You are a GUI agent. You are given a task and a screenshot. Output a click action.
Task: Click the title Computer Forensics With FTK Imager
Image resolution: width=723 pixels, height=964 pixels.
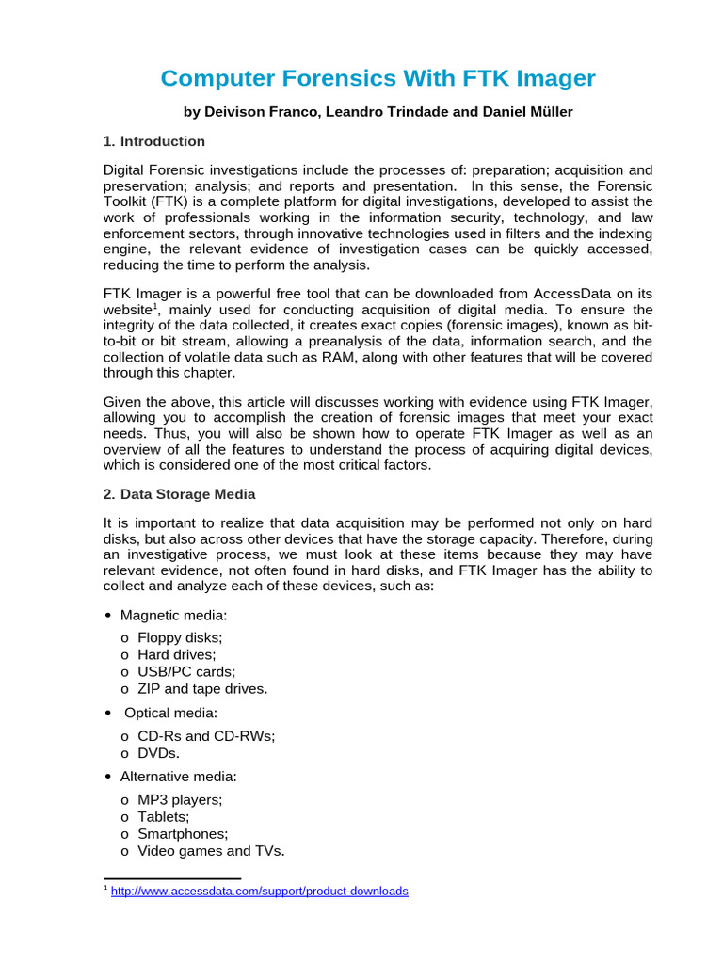[x=378, y=78]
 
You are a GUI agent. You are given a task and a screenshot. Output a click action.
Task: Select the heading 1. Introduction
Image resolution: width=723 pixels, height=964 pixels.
[x=154, y=141]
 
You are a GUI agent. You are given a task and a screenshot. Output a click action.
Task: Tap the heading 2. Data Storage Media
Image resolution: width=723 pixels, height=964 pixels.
[x=179, y=494]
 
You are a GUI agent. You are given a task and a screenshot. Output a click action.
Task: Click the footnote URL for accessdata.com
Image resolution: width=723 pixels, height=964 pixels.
[x=260, y=891]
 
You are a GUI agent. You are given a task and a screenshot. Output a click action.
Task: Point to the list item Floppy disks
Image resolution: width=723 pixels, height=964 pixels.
[x=180, y=637]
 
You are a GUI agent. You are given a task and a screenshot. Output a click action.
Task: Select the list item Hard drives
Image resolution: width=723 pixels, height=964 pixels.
[x=177, y=654]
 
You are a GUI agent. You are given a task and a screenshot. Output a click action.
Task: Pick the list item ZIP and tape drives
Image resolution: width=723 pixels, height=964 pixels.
[x=202, y=688]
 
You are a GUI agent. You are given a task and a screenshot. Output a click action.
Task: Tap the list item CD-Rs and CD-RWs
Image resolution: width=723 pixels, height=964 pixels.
[x=206, y=736]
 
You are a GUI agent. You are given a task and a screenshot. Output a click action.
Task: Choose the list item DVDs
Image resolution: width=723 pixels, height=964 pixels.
[x=158, y=753]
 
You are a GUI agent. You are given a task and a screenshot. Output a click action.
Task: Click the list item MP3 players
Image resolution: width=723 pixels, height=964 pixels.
[x=180, y=800]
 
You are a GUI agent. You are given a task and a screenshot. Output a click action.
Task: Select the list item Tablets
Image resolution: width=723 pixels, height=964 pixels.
[x=164, y=817]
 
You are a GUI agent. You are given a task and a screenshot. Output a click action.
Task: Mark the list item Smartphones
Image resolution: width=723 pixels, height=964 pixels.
[x=183, y=834]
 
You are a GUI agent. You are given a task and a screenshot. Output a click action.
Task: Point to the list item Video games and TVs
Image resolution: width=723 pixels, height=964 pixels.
[x=211, y=851]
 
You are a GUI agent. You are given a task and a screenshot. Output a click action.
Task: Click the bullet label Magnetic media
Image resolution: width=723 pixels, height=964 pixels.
[x=174, y=615]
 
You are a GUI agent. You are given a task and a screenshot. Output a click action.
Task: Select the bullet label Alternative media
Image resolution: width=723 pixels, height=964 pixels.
[x=179, y=777]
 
